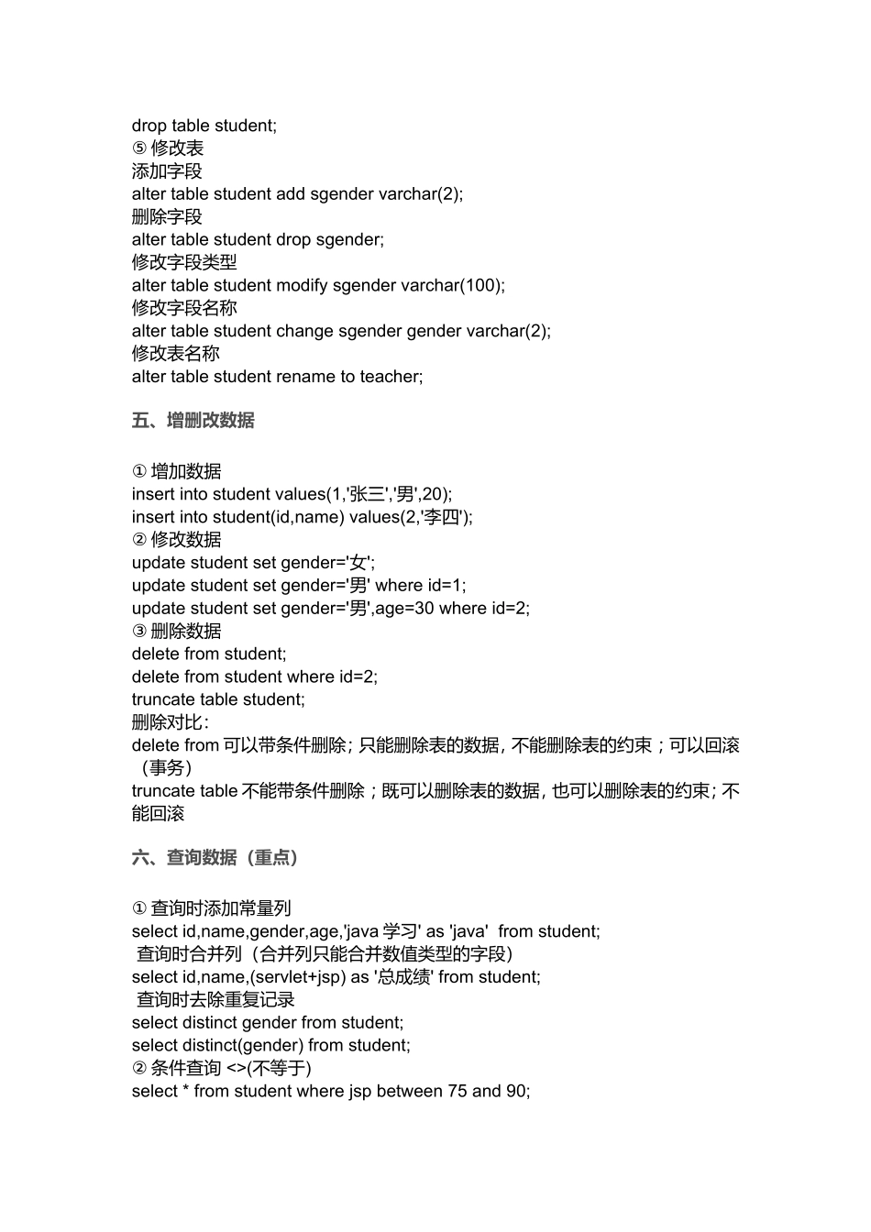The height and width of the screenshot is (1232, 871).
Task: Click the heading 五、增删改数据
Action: tap(193, 421)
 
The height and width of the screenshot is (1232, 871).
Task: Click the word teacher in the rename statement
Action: tap(391, 377)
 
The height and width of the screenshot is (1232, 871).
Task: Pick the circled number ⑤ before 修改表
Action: tap(139, 148)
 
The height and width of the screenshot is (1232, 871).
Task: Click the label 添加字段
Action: tap(167, 171)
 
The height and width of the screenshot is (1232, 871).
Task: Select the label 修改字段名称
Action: tap(184, 308)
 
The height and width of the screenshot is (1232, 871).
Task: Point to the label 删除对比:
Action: tap(170, 722)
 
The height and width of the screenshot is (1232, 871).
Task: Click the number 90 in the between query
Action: tap(516, 1091)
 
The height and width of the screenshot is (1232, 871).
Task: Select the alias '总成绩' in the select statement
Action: tap(403, 977)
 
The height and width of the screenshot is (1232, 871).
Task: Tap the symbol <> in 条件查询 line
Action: tap(236, 1068)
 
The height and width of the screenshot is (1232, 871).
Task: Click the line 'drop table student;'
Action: tap(204, 126)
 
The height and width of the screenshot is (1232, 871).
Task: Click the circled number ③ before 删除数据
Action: tap(139, 632)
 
